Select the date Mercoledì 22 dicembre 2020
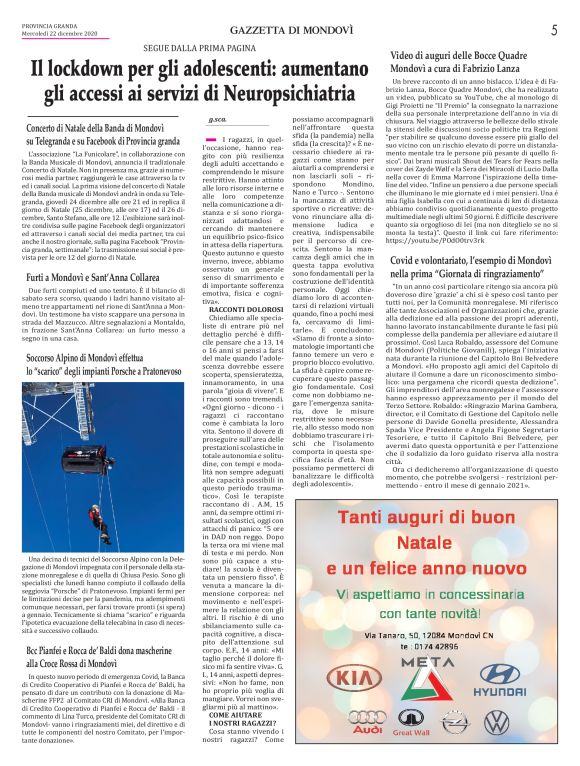point(61,35)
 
